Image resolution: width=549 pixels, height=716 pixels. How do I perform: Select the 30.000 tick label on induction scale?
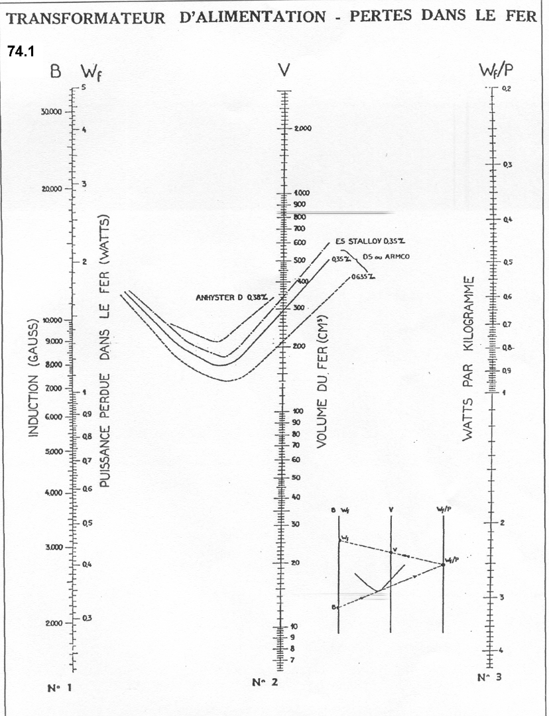pos(50,111)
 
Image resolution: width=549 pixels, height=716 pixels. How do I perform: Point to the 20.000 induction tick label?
pos(50,189)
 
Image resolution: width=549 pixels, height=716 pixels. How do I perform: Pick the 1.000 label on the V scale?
pos(302,193)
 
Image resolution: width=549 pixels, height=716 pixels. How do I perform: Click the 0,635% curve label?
pos(364,277)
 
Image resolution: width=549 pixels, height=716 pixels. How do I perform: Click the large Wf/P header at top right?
pos(494,70)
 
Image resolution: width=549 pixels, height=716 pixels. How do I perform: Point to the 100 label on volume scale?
pos(296,412)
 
